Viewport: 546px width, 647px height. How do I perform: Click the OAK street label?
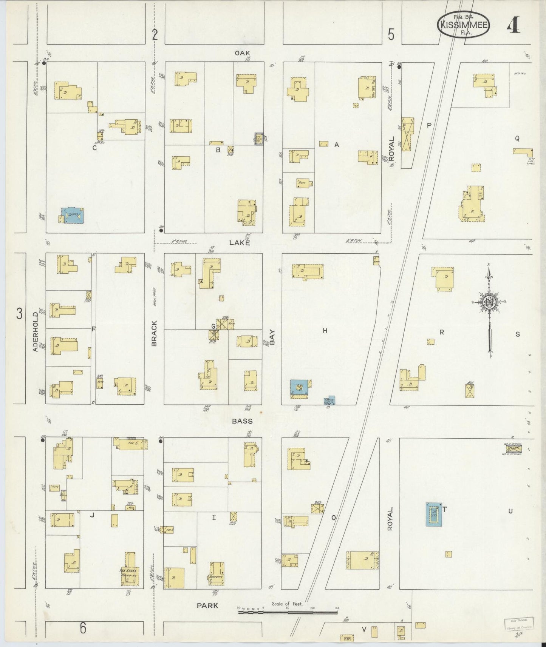pyautogui.click(x=242, y=53)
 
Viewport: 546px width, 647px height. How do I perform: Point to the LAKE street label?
pyautogui.click(x=240, y=243)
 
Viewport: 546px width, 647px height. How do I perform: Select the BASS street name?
pyautogui.click(x=242, y=421)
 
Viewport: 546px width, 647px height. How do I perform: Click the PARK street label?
pyautogui.click(x=207, y=605)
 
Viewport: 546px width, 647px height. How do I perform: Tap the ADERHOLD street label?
pyautogui.click(x=36, y=331)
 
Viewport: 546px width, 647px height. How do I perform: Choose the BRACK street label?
pyautogui.click(x=154, y=333)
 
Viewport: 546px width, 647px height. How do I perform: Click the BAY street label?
pyautogui.click(x=272, y=337)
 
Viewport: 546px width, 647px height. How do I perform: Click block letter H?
pyautogui.click(x=325, y=331)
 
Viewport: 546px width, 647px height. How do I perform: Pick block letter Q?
pyautogui.click(x=517, y=139)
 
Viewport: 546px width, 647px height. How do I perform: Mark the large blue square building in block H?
pyautogui.click(x=299, y=387)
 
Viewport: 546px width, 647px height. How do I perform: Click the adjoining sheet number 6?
pyautogui.click(x=83, y=628)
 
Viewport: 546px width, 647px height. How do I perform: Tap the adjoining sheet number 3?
pyautogui.click(x=19, y=314)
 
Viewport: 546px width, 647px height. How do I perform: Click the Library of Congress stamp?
pyautogui.click(x=519, y=623)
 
